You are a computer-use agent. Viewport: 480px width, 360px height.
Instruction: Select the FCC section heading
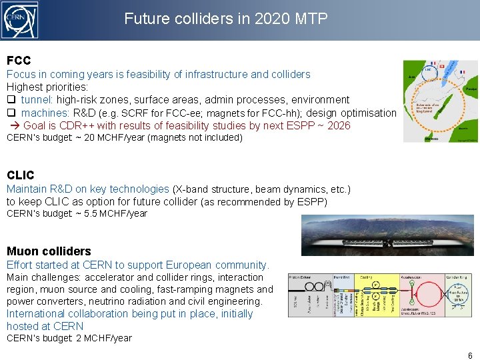pos(19,61)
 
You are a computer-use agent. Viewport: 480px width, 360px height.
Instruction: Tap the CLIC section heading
pos(20,175)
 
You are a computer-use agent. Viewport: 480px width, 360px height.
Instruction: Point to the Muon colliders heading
pos(49,251)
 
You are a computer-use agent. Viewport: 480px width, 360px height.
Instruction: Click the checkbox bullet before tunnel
pos(11,100)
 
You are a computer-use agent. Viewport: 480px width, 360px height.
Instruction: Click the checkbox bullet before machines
pos(11,113)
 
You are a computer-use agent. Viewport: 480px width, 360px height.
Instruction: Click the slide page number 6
pos(469,355)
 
